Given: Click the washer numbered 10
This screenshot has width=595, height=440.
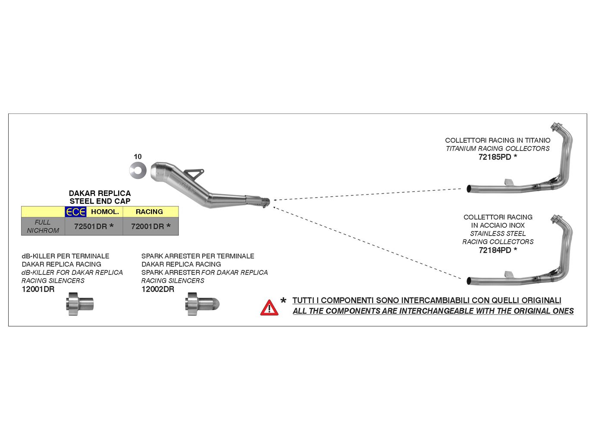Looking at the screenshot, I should pyautogui.click(x=138, y=170).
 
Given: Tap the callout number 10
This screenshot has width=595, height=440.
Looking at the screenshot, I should pyautogui.click(x=138, y=157).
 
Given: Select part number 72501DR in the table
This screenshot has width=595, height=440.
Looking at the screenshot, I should pyautogui.click(x=91, y=226).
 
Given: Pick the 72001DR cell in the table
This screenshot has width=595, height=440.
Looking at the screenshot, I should pyautogui.click(x=147, y=226).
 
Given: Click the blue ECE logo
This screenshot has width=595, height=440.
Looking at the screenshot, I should pyautogui.click(x=75, y=212).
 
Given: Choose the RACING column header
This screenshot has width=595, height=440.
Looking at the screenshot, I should pyautogui.click(x=149, y=212).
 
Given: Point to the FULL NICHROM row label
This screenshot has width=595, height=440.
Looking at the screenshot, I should pyautogui.click(x=43, y=226).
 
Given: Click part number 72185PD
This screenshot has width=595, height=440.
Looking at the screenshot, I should pyautogui.click(x=495, y=157).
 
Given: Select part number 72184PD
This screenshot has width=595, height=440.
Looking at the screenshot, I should pyautogui.click(x=495, y=250).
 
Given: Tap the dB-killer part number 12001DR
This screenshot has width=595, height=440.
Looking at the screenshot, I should pyautogui.click(x=38, y=289).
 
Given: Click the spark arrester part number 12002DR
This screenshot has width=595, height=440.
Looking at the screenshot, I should pyautogui.click(x=158, y=289).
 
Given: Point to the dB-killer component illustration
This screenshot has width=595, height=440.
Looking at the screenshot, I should pyautogui.click(x=80, y=304).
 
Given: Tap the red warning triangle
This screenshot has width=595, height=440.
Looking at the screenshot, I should pyautogui.click(x=269, y=308).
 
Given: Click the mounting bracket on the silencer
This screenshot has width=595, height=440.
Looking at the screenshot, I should pyautogui.click(x=194, y=173).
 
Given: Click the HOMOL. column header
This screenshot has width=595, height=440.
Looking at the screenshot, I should pyautogui.click(x=105, y=212).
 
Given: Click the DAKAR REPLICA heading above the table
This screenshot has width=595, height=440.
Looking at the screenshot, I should pyautogui.click(x=100, y=193).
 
